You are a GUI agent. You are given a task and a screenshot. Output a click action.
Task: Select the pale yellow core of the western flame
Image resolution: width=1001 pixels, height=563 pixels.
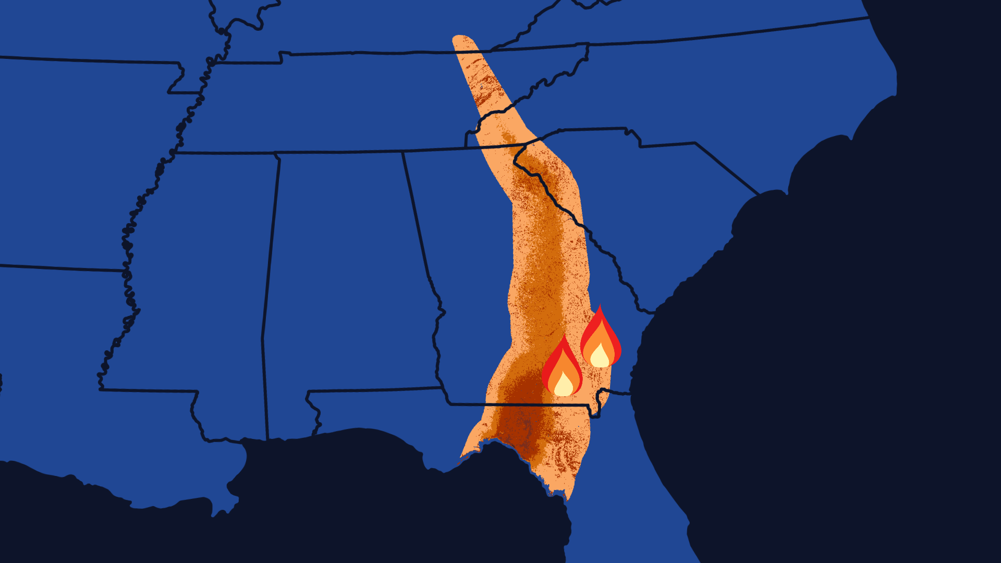(564, 385)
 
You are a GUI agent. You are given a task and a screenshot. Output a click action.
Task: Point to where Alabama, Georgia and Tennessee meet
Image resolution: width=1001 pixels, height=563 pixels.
(402, 153)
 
